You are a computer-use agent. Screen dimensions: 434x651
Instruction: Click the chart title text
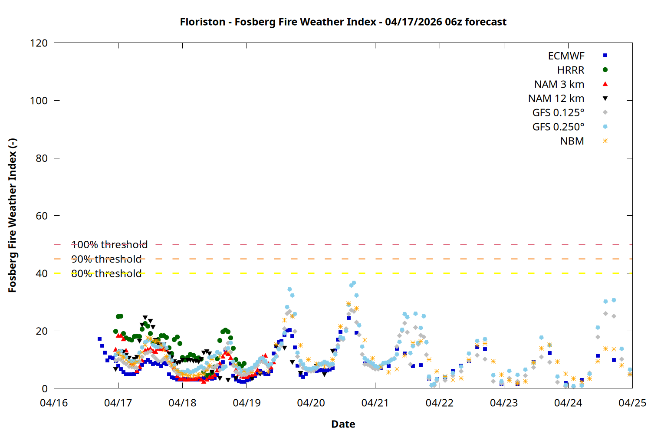click(343, 22)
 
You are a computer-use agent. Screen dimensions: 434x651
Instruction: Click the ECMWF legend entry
click(566, 56)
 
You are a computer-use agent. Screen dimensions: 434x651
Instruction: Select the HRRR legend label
click(571, 70)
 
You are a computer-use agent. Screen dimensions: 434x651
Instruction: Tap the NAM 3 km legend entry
click(559, 84)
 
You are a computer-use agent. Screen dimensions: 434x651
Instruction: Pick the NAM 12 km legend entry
click(556, 99)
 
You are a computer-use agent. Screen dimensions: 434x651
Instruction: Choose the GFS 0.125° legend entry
click(558, 113)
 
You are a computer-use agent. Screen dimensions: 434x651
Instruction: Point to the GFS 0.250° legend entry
click(558, 127)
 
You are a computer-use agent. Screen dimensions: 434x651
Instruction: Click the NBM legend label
click(572, 141)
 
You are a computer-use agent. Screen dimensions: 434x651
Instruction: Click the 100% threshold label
click(109, 245)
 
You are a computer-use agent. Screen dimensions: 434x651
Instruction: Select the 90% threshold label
click(106, 259)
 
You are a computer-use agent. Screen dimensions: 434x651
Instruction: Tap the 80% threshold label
click(106, 273)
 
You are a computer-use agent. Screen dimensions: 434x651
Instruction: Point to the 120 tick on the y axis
click(39, 43)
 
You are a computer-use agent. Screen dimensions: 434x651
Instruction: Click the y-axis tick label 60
click(42, 216)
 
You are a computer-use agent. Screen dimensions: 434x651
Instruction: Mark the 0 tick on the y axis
click(45, 389)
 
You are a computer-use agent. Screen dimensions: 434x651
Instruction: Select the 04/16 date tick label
click(54, 403)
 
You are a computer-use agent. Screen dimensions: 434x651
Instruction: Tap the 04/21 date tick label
click(375, 403)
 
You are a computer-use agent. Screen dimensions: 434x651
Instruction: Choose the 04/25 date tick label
click(632, 403)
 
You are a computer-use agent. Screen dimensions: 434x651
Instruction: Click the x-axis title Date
click(343, 424)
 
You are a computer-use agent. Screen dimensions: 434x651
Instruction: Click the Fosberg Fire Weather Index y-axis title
click(12, 216)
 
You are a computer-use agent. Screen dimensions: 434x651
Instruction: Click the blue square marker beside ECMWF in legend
click(605, 56)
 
